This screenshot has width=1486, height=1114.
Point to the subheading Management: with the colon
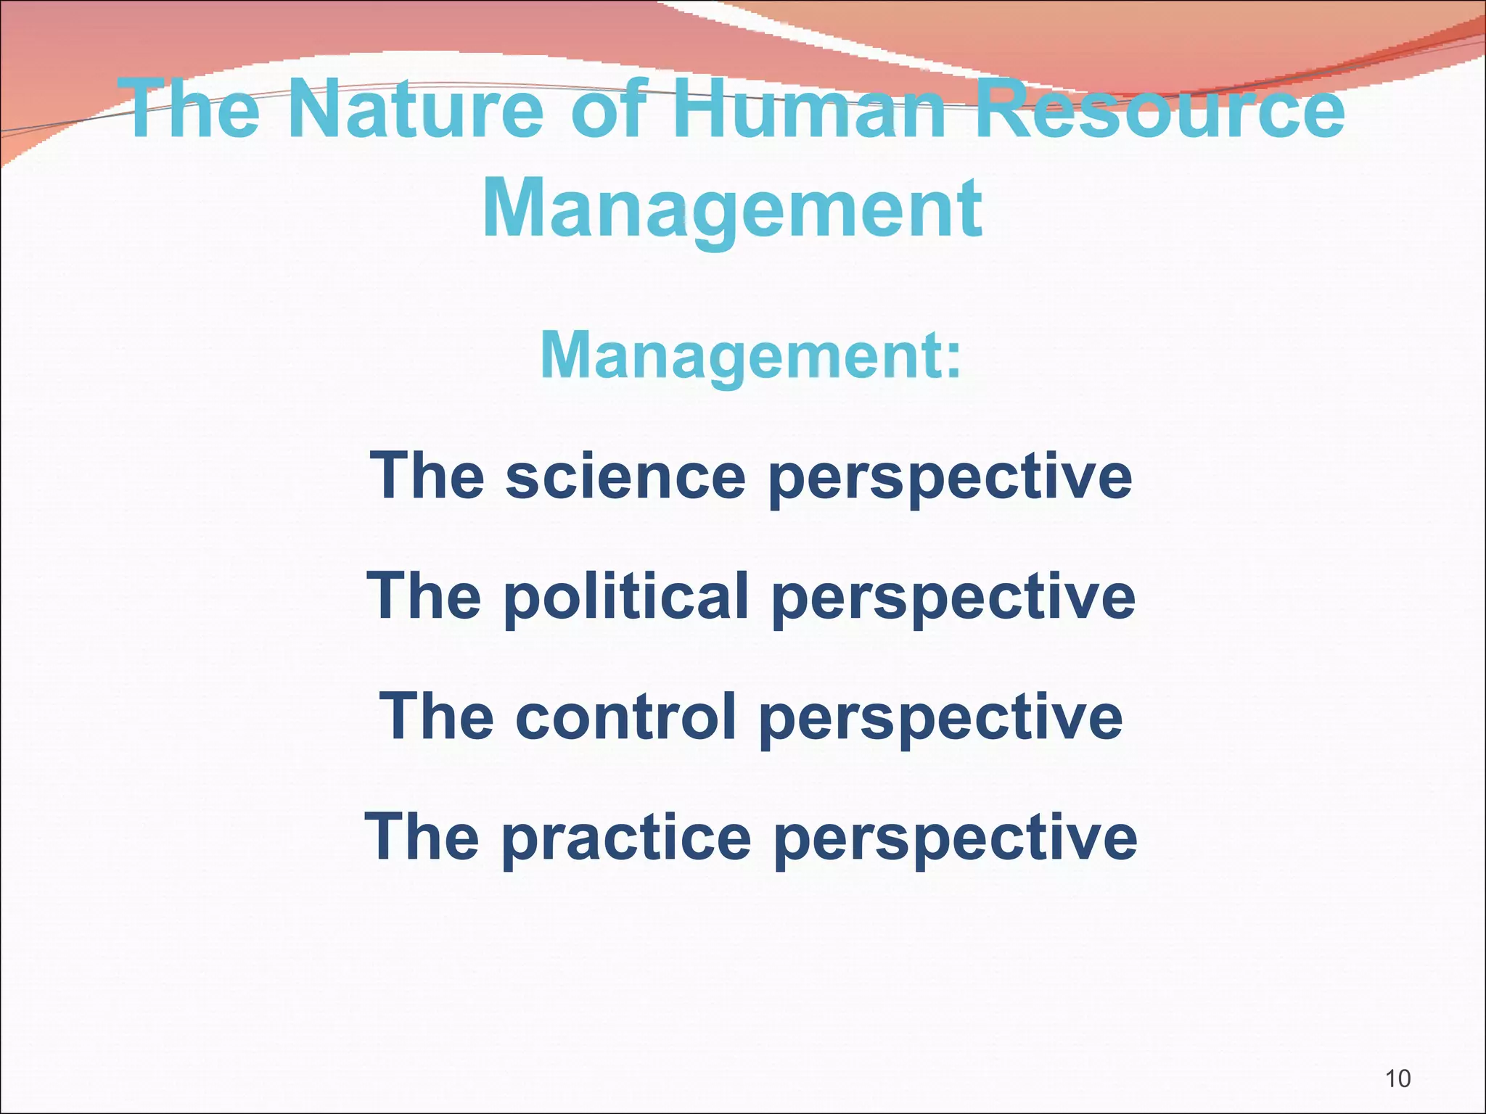[x=751, y=355]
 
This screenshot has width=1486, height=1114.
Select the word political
[x=626, y=596]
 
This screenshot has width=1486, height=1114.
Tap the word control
[x=626, y=717]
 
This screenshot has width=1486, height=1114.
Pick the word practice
[x=626, y=837]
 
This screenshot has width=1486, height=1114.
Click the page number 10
[x=1397, y=1078]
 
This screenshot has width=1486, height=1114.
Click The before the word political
[x=424, y=596]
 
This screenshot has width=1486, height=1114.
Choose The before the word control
[x=437, y=717]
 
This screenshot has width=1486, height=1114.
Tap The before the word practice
[x=422, y=837]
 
